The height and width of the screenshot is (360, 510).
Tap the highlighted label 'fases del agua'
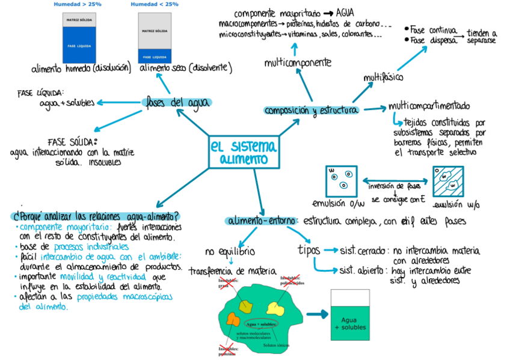pyautogui.click(x=177, y=103)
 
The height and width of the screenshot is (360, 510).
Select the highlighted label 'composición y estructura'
pyautogui.click(x=312, y=110)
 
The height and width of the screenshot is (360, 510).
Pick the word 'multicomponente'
pyautogui.click(x=298, y=63)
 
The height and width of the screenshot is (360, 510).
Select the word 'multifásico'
pyautogui.click(x=384, y=78)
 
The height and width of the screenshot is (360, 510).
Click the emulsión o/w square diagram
pyautogui.click(x=340, y=180)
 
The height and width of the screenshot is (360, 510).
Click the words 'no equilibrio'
pyautogui.click(x=229, y=250)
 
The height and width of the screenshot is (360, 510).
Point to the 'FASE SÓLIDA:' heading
pyautogui.click(x=72, y=142)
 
